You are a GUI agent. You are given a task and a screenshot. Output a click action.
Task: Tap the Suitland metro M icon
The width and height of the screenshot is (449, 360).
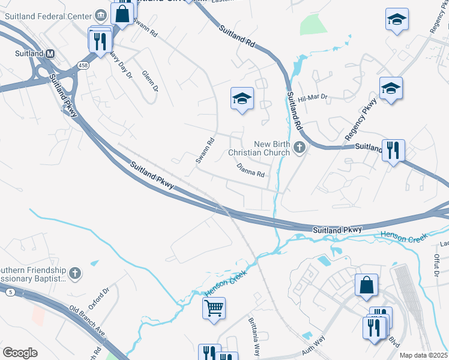[50, 53]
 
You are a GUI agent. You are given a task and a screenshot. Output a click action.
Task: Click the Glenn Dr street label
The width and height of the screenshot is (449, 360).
[150, 80]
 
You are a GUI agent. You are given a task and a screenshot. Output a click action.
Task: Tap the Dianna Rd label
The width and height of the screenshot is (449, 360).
[251, 172]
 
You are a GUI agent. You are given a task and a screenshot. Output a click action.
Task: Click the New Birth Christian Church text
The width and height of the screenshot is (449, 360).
[272, 148]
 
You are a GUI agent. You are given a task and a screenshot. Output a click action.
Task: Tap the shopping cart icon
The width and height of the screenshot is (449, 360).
[214, 308]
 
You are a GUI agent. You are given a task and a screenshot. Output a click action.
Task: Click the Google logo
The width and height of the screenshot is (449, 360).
[20, 353]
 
